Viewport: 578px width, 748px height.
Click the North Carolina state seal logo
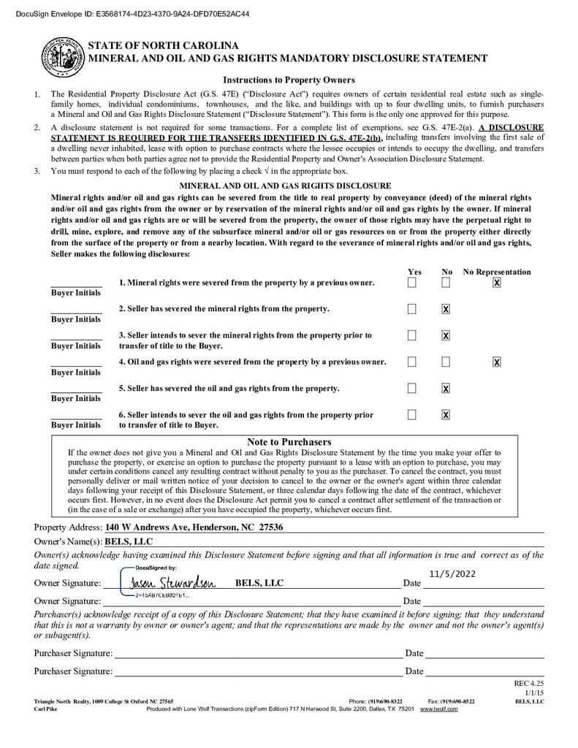tap(61, 56)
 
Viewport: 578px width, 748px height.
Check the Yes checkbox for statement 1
tap(412, 283)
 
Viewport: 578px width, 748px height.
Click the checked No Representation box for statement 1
tap(497, 283)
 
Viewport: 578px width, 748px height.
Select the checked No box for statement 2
tap(446, 309)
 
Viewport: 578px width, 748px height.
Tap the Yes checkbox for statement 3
tap(412, 335)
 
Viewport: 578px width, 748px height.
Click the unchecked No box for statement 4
tap(446, 362)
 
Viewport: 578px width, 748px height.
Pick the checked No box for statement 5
tap(446, 388)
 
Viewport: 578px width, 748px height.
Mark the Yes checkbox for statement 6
tap(412, 415)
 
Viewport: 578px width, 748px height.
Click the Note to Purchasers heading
tap(289, 442)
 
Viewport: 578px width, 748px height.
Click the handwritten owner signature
tap(172, 583)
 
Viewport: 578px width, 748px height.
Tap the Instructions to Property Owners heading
tap(289, 80)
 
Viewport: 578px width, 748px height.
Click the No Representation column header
tap(497, 272)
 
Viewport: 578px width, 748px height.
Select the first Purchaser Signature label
tap(73, 653)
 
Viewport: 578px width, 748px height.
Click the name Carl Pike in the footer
tap(45, 709)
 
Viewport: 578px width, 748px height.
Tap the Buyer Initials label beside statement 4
tap(76, 373)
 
